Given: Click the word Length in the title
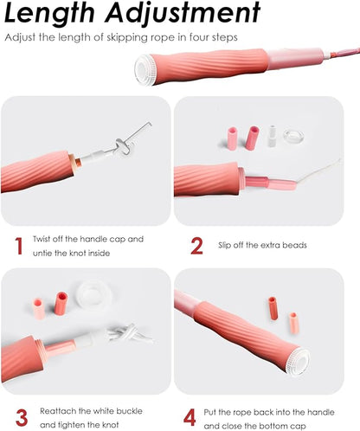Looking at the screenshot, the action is pos(49,13).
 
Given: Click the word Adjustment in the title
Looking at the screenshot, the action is pos(183,14).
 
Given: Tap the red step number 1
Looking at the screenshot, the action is pos(19,246).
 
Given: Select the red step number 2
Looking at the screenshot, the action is pos(196,246).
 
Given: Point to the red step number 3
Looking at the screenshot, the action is pos(22,418).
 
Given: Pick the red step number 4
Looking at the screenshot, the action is pos(190,418).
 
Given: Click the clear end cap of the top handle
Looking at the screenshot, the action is pos(145,70).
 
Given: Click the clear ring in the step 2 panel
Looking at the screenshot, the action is pos(293,136).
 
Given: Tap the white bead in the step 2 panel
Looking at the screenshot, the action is pos(272,135).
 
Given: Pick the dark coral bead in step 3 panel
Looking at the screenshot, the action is pos(61,304).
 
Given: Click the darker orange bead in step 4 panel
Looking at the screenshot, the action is pos(273,308).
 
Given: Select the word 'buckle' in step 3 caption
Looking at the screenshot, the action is pos(129,411).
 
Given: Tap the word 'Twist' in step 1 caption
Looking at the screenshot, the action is pos(42,239).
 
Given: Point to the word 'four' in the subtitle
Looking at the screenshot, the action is pos(199,37).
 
